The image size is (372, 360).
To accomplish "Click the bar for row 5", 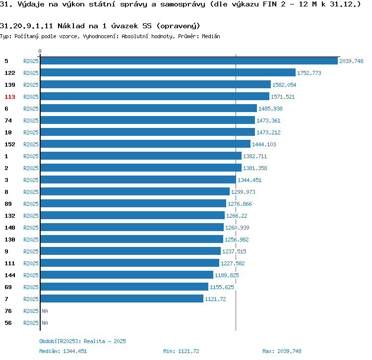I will (188, 61).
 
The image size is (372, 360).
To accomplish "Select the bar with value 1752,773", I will (168, 73).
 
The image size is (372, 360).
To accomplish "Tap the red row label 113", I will (10, 97).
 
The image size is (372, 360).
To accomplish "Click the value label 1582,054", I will (284, 85).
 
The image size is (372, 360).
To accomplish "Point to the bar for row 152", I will (145, 144).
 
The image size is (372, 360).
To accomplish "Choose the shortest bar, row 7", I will (122, 299).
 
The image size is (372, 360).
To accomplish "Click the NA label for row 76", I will (45, 311).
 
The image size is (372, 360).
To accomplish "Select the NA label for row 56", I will (45, 323).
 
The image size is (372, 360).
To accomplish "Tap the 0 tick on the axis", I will (40, 51).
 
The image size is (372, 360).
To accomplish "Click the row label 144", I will (10, 275).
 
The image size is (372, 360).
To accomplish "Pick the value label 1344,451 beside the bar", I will (249, 180).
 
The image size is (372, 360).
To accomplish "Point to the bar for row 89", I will (133, 204).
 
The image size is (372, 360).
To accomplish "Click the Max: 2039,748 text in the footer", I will (282, 351).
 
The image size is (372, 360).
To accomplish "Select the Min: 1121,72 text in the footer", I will (181, 351).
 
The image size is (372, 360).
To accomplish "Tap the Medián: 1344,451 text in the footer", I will (63, 351).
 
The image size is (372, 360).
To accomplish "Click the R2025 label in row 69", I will (31, 287).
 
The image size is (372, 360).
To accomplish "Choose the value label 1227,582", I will (233, 263).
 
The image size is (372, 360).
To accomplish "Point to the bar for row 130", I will (131, 240).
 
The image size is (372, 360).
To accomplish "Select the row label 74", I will (8, 120).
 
